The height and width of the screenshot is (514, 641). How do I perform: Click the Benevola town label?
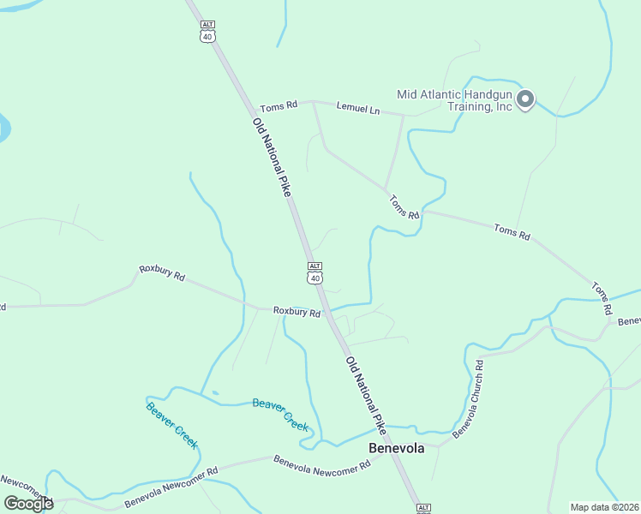tap(396, 448)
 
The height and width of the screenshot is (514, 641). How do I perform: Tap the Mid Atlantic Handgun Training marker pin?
tap(526, 100)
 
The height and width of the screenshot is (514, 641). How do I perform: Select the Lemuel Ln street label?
tap(357, 108)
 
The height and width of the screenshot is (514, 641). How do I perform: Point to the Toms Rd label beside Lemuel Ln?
tap(279, 105)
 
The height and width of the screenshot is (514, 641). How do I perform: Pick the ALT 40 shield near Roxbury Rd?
tap(315, 273)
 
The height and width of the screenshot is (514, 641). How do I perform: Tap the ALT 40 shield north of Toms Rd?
tap(207, 31)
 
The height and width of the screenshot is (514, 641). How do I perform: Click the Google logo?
tap(28, 503)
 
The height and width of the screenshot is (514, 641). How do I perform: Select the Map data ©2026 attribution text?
tap(605, 507)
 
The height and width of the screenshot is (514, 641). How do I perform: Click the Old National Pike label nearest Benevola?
tap(367, 393)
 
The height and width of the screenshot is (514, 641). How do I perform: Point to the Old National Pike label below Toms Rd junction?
tap(273, 158)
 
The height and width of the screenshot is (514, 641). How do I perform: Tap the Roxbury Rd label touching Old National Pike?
tap(297, 312)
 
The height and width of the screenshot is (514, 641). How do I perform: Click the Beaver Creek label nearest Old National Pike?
tap(280, 414)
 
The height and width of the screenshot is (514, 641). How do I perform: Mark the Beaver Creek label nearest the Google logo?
tap(172, 425)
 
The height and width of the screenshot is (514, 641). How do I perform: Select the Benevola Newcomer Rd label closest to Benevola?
tap(321, 463)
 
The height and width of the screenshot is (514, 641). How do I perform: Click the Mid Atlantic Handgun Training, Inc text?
tap(454, 100)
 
